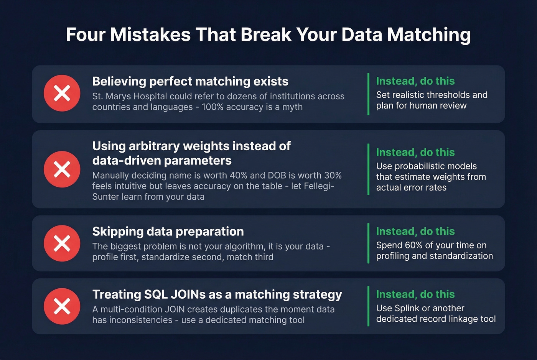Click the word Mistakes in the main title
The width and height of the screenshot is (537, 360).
[150, 35]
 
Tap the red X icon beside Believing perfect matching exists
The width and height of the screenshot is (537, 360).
[62, 93]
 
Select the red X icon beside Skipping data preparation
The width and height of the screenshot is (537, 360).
[62, 243]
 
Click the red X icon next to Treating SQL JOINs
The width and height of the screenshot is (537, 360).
[62, 306]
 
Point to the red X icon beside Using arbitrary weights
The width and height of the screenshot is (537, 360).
[62, 169]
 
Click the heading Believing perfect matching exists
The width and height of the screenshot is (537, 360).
[190, 81]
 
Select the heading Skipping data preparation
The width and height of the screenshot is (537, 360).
[168, 232]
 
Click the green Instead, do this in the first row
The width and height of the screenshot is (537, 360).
[415, 81]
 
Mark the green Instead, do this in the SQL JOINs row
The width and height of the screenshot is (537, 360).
[415, 294]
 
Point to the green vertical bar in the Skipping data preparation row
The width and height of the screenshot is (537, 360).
[368, 243]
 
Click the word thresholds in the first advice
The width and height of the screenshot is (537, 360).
[446, 95]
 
